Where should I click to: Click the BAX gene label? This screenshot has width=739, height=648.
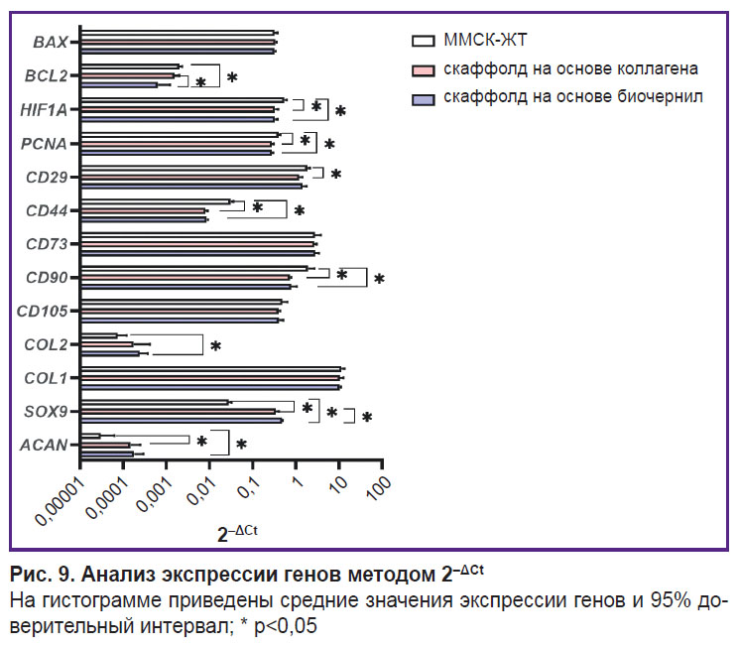click(50, 43)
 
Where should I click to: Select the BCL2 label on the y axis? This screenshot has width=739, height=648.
click(47, 76)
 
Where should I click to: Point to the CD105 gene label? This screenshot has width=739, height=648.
click(43, 312)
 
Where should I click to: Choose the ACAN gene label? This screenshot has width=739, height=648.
click(45, 446)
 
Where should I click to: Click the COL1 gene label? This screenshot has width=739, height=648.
click(46, 378)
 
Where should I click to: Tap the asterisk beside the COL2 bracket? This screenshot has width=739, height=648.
click(214, 347)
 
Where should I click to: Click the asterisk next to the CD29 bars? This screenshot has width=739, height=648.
click(335, 176)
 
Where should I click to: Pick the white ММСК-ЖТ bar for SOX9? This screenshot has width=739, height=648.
click(154, 403)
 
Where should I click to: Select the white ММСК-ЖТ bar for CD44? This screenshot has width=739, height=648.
click(155, 201)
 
